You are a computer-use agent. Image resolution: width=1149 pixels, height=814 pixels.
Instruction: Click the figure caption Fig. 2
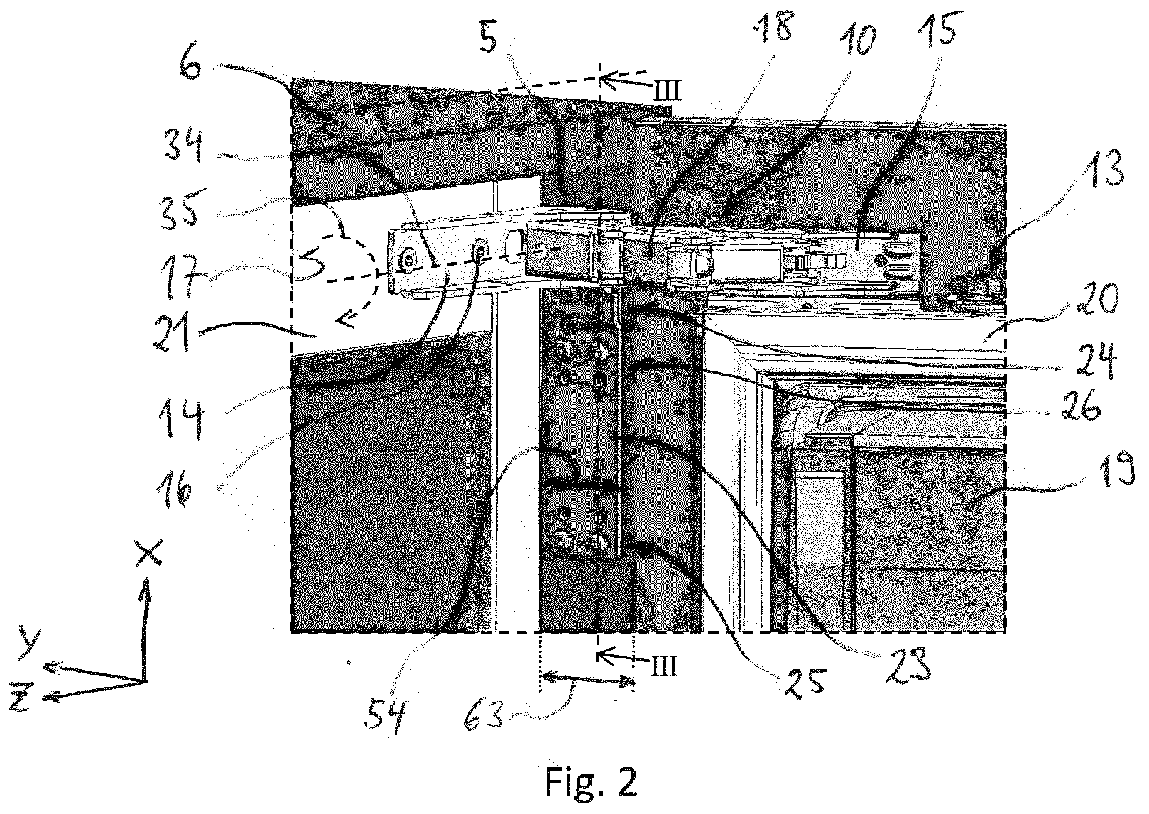[x=592, y=781]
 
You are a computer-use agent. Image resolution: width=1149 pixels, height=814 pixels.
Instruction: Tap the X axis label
[x=149, y=553]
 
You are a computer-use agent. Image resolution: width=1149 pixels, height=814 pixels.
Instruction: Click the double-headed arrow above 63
[x=587, y=680]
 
